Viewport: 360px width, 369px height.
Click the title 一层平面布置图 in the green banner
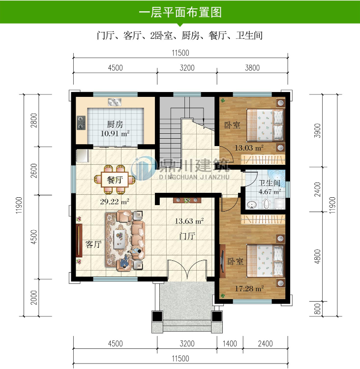point(180,12)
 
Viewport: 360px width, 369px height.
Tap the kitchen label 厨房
point(115,124)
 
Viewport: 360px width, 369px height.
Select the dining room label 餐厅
point(115,180)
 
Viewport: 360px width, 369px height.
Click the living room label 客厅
point(93,244)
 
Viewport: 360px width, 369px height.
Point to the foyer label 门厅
point(188,236)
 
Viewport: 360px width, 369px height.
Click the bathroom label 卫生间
point(270,183)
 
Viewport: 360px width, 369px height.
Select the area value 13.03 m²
point(248,147)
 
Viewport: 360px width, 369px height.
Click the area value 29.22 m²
point(115,201)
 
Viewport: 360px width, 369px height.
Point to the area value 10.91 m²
point(115,133)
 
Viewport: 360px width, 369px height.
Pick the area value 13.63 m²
point(190,221)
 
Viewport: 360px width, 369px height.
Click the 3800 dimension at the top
point(252,68)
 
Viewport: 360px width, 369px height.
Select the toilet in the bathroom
point(267,204)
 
